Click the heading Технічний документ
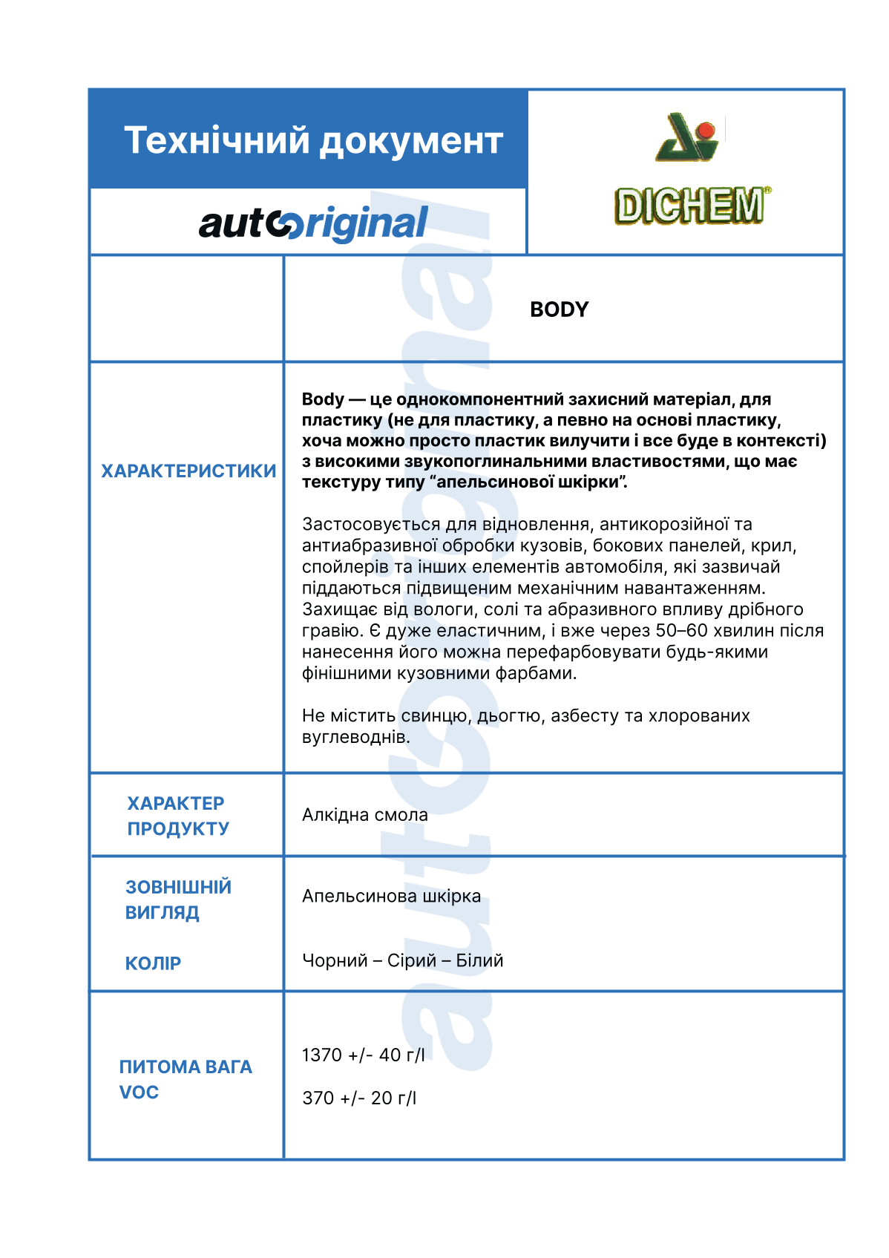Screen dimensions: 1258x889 [313, 140]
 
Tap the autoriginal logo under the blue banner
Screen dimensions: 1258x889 [313, 223]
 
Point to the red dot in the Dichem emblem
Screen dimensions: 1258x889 [706, 132]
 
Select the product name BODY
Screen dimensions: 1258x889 [559, 309]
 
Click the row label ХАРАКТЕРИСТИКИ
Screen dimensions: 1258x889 [188, 471]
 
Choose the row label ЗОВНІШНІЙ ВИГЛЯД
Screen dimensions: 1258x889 [178, 900]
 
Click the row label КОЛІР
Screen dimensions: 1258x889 [153, 963]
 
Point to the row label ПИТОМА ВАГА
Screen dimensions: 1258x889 [186, 1067]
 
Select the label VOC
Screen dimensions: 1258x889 [139, 1092]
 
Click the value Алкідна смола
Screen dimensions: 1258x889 [364, 815]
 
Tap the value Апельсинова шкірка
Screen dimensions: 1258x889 [391, 896]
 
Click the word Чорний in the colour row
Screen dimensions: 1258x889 [335, 960]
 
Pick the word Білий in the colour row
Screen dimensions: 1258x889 [479, 960]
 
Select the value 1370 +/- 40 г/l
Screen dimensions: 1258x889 [363, 1055]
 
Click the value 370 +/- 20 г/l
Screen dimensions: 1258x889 [359, 1098]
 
